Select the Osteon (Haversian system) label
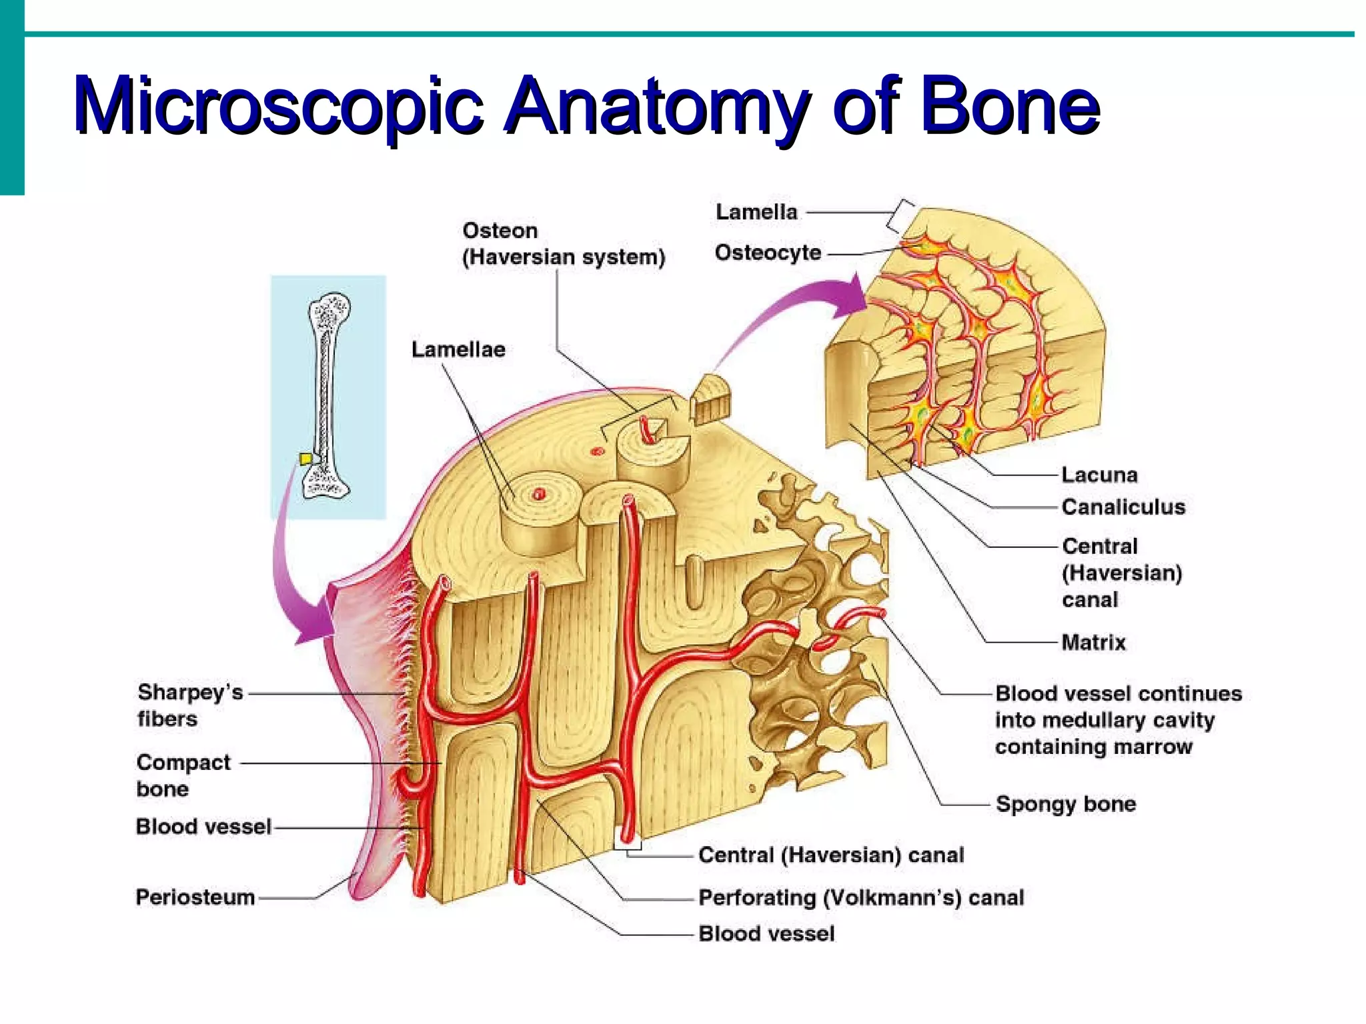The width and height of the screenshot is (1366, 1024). [x=564, y=244]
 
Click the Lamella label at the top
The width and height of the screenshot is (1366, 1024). [x=756, y=212]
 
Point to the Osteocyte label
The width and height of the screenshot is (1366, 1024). [x=768, y=253]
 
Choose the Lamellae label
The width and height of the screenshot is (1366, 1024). [x=458, y=349]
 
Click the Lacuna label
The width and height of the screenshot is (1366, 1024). [x=1099, y=475]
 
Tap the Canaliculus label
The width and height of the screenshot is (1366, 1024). [x=1123, y=507]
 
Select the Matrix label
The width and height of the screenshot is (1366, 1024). [x=1093, y=642]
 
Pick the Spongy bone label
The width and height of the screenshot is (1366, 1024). [x=1065, y=804]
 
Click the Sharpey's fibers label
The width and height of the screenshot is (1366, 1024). [x=190, y=705]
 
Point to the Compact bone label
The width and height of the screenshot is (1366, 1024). [x=183, y=775]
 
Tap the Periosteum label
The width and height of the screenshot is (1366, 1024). [x=195, y=897]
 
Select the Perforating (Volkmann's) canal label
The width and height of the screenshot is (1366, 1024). [x=860, y=898]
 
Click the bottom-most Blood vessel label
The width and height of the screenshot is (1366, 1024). [x=766, y=934]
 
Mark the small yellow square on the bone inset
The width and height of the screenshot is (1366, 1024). [x=305, y=459]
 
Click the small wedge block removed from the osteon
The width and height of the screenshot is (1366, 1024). [x=711, y=399]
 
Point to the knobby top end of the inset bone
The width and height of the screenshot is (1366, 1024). [x=330, y=311]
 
